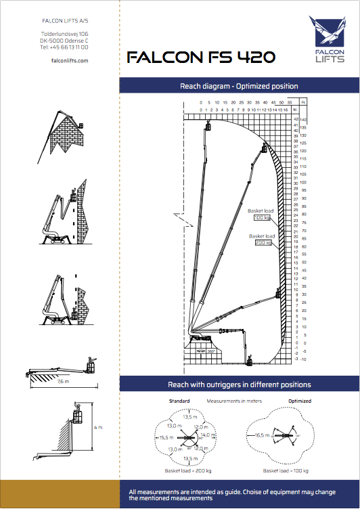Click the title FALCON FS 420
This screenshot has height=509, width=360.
(x=201, y=58)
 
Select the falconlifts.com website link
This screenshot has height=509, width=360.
(x=70, y=60)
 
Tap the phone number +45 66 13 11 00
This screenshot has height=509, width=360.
(x=64, y=47)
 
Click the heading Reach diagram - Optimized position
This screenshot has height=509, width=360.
(x=238, y=86)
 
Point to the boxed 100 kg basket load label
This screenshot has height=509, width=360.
(x=262, y=217)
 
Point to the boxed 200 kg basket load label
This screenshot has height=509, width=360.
(x=263, y=242)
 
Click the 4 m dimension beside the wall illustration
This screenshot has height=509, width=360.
(x=98, y=427)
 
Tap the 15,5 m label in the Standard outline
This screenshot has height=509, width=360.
(x=164, y=438)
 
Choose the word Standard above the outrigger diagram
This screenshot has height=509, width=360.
(x=179, y=401)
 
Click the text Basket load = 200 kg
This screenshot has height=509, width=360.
(x=188, y=470)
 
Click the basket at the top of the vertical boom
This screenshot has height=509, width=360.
(x=208, y=126)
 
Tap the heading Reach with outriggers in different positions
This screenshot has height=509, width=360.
(x=239, y=384)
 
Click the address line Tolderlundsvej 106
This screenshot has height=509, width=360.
(x=64, y=33)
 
